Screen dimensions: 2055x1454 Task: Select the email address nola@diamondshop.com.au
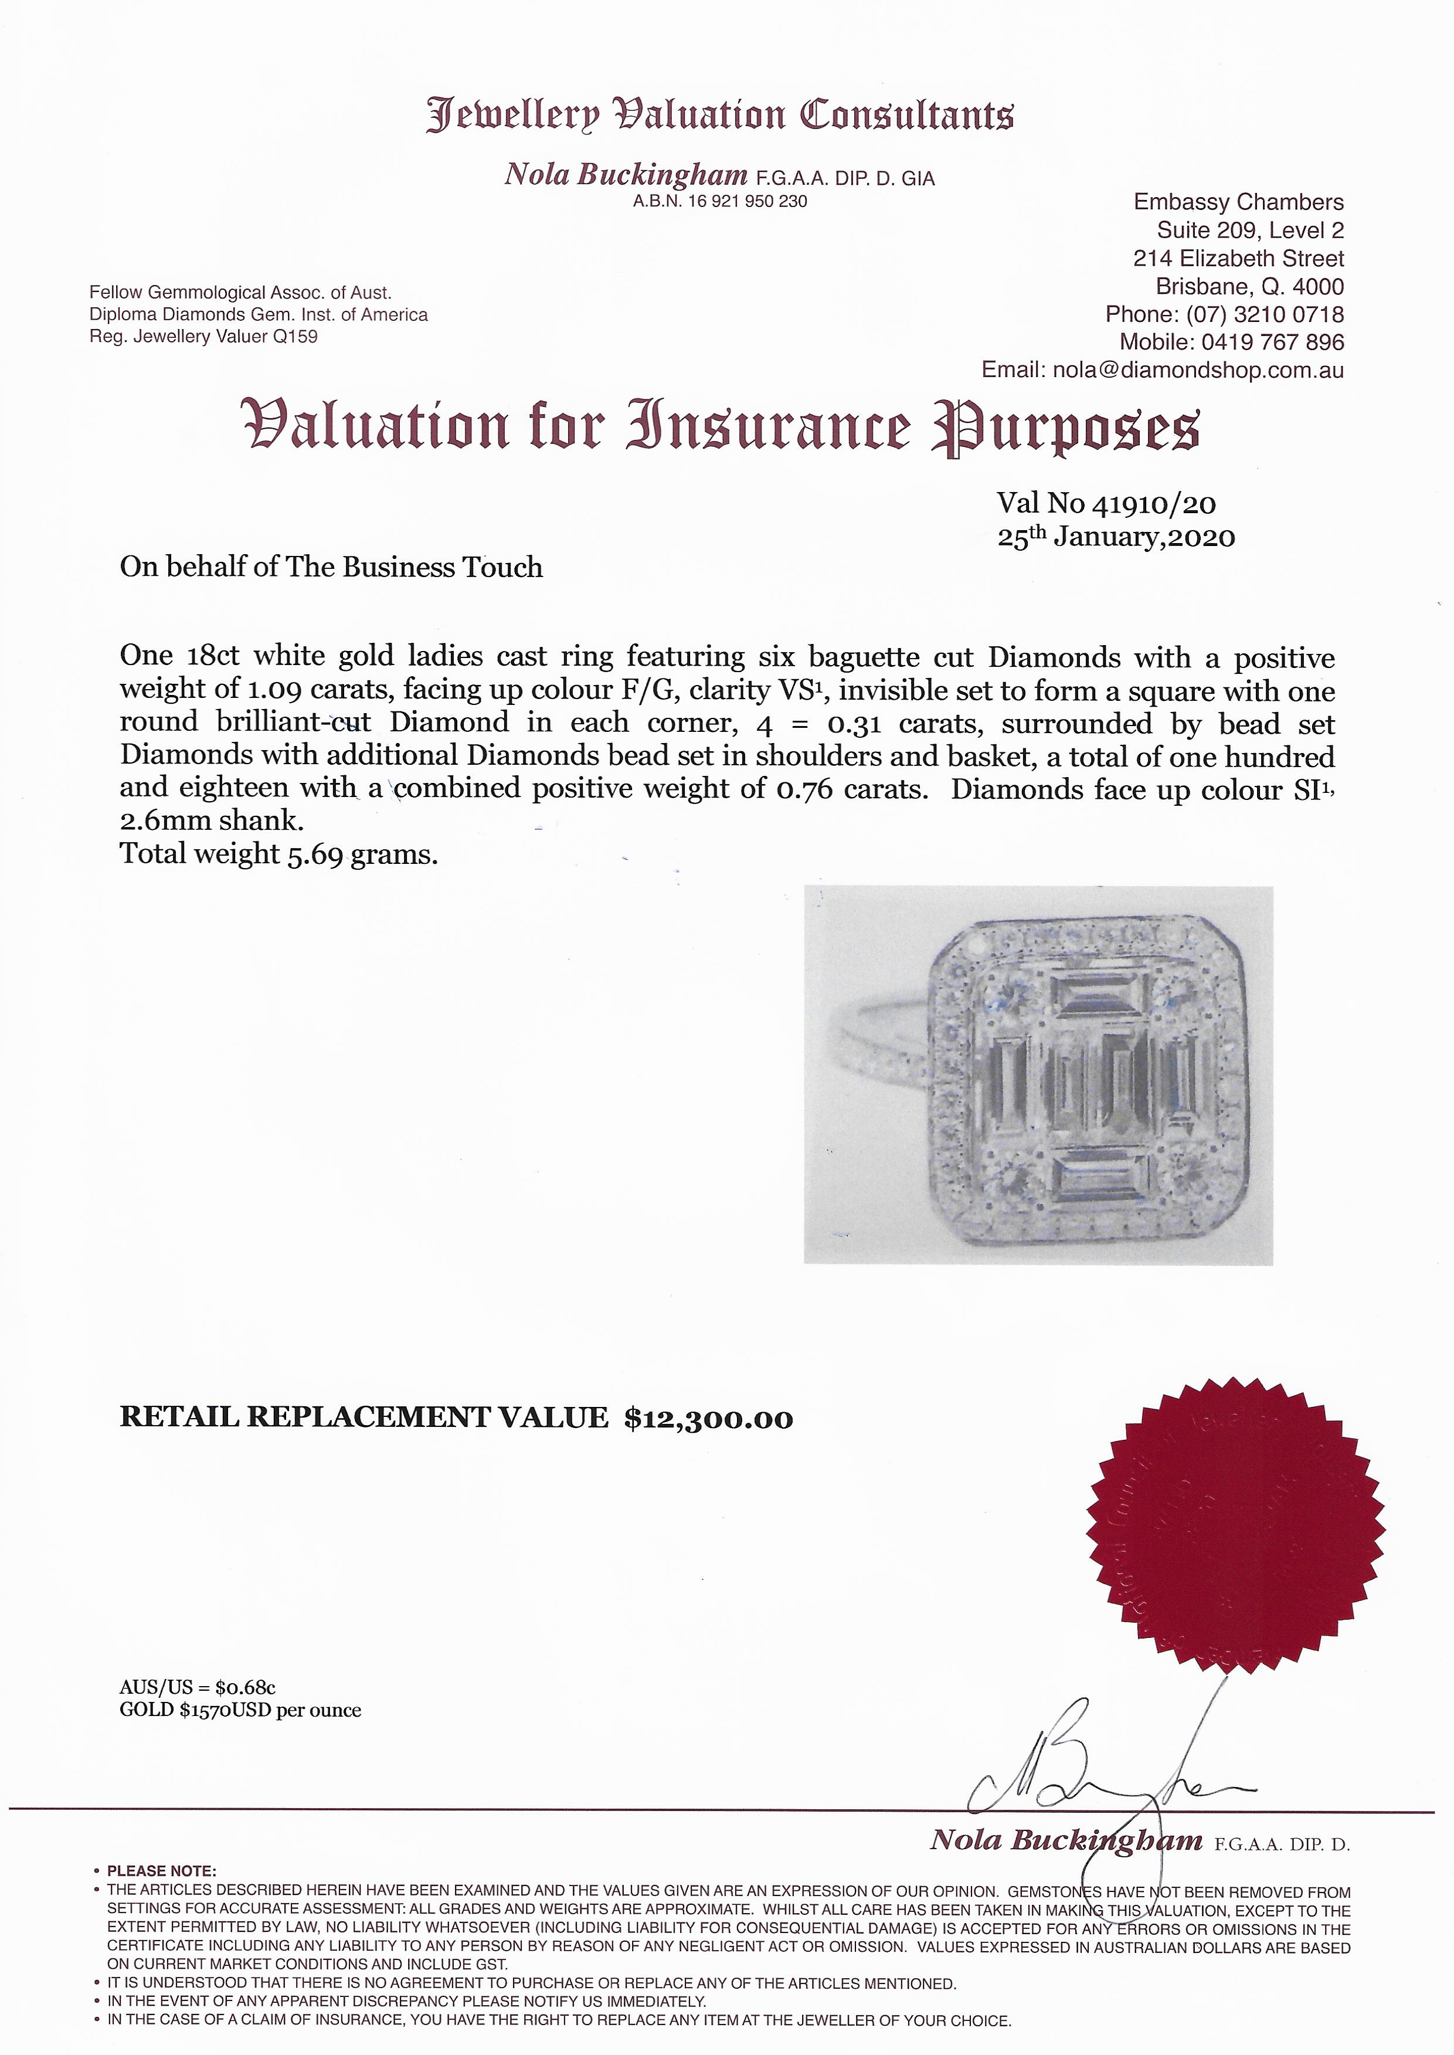pos(1198,370)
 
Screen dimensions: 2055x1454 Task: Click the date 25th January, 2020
pos(1116,537)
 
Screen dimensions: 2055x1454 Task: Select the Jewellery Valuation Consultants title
pos(720,116)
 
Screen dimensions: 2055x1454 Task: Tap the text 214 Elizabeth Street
pos(1238,259)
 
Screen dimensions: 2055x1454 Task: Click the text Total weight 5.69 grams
pos(278,854)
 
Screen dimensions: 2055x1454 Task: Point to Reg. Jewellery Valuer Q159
pos(203,337)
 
